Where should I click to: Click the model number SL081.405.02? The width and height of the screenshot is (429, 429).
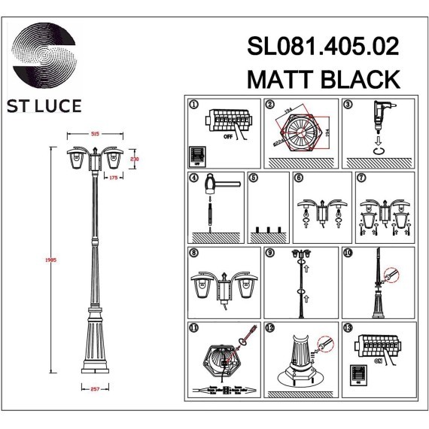(323, 47)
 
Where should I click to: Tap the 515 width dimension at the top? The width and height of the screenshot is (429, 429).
(95, 133)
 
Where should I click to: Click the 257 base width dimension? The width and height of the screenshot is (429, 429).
(94, 388)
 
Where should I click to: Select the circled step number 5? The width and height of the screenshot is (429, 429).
(254, 178)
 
